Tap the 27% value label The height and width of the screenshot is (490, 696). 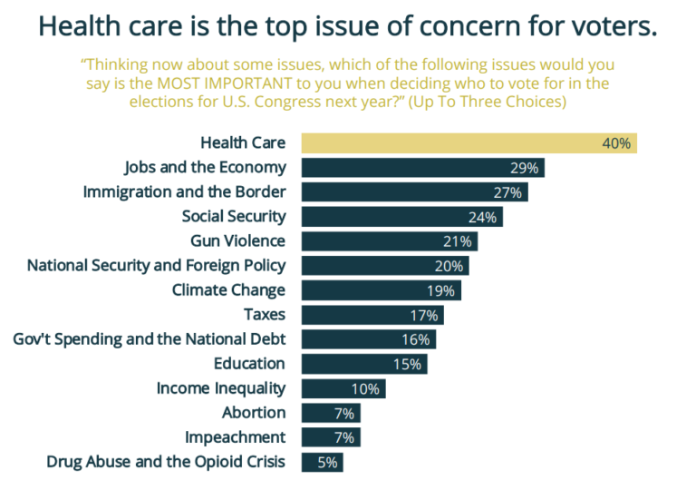point(507,192)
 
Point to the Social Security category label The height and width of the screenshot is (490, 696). point(233,216)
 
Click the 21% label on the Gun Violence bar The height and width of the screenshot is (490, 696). point(457,241)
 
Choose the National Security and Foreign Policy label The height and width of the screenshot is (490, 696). point(156,266)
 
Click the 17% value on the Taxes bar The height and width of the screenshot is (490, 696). point(423,315)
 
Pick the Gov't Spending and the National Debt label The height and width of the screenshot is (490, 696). point(150,339)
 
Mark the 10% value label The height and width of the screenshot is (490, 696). point(365,388)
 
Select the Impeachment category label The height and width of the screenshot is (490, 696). point(235,437)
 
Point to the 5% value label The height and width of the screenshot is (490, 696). point(327,462)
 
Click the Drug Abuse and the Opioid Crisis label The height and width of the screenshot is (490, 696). point(166,462)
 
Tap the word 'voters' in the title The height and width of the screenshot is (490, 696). point(606,26)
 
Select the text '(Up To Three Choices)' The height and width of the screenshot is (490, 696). point(487,102)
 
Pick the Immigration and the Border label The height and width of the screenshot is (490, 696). point(184,192)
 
